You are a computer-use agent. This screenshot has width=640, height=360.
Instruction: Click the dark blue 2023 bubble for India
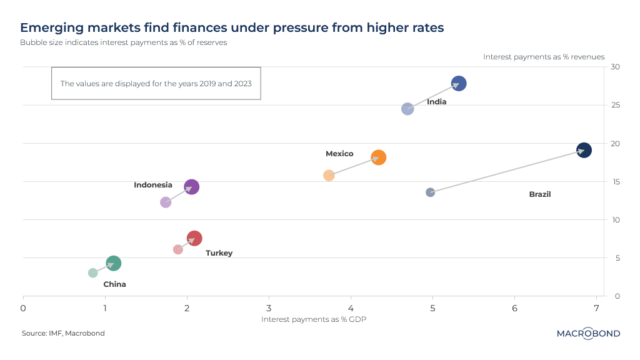click(x=459, y=84)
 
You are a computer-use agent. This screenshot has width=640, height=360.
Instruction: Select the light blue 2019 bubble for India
click(x=407, y=109)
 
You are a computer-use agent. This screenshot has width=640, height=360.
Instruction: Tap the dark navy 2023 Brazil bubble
click(x=584, y=150)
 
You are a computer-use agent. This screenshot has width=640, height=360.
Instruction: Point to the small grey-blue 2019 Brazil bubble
click(x=430, y=192)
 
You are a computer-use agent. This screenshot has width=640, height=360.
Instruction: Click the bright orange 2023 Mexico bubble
click(x=378, y=157)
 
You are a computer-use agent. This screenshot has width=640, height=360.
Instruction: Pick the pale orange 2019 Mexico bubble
click(x=329, y=176)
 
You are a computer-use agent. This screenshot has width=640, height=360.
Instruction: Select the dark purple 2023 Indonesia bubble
click(x=192, y=187)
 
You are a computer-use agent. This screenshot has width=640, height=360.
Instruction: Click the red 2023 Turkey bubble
click(x=194, y=238)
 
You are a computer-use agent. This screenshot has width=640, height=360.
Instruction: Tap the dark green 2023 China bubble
click(x=113, y=264)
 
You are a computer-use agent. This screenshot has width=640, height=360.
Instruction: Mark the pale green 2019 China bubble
click(x=93, y=273)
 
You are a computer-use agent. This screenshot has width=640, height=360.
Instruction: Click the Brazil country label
click(x=540, y=194)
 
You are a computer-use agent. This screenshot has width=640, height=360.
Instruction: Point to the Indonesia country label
click(x=153, y=185)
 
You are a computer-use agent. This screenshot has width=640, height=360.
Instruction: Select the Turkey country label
click(x=219, y=253)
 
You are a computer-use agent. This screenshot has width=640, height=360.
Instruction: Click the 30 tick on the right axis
click(x=616, y=67)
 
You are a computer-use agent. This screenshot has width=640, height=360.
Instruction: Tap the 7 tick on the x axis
click(x=596, y=307)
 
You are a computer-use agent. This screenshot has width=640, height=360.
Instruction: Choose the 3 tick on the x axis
click(x=269, y=307)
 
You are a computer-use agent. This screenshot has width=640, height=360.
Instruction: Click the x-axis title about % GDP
click(x=313, y=319)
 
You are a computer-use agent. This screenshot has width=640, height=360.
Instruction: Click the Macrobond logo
click(x=588, y=334)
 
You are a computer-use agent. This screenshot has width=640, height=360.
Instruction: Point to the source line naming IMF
click(x=63, y=334)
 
